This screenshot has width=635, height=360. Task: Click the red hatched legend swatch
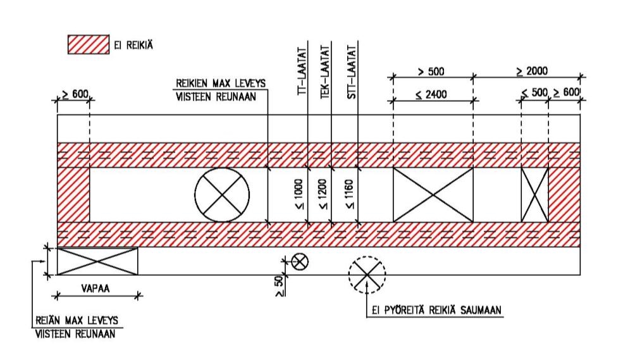(89, 44)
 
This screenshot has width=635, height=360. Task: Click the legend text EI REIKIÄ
(133, 45)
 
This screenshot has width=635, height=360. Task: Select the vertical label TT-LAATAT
(302, 71)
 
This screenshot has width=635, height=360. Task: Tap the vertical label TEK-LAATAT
(325, 71)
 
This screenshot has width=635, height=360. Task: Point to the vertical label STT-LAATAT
(352, 71)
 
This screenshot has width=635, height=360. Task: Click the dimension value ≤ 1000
(299, 194)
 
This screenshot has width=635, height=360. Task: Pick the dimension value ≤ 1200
(323, 194)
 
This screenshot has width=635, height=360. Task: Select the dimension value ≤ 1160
(350, 194)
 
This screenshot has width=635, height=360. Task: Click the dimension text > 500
(431, 71)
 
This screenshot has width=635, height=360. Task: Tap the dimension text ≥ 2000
(532, 71)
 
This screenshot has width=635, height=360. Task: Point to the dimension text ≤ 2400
(431, 95)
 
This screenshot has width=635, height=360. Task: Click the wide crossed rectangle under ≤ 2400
(433, 195)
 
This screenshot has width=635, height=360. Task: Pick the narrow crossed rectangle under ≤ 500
(534, 195)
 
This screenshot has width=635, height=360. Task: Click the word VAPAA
(95, 289)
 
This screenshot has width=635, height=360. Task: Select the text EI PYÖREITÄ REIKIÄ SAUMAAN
(436, 310)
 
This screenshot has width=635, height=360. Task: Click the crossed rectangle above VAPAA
(97, 261)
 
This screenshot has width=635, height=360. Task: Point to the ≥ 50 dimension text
(279, 287)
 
